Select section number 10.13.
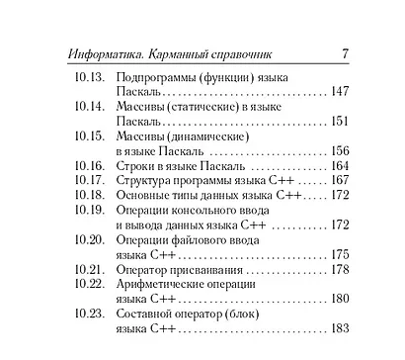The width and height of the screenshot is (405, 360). point(89,76)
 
